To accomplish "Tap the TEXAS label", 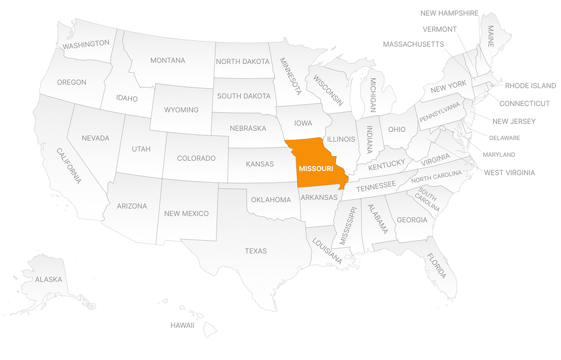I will click(x=256, y=251).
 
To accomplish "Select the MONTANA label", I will click(x=168, y=60).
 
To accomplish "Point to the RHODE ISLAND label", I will click(x=530, y=86).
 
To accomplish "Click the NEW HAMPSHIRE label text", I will click(x=449, y=13).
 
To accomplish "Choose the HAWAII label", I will click(x=182, y=325).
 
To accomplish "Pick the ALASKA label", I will click(x=48, y=279).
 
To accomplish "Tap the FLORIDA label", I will click(x=437, y=266).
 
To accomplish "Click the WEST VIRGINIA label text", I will click(x=509, y=172).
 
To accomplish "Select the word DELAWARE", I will click(x=505, y=138).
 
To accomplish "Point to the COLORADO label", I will click(x=196, y=158).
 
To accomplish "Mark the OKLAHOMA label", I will click(x=271, y=200).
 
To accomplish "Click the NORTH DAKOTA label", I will click(x=242, y=62).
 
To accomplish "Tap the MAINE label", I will click(x=491, y=35).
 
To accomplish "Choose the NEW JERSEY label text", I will click(x=514, y=122).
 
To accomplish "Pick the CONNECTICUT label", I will click(x=524, y=104).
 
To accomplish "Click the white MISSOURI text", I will click(x=316, y=169).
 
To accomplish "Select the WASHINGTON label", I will click(x=86, y=44).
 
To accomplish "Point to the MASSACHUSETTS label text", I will click(x=413, y=44).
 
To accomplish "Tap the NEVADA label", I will click(x=96, y=138).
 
